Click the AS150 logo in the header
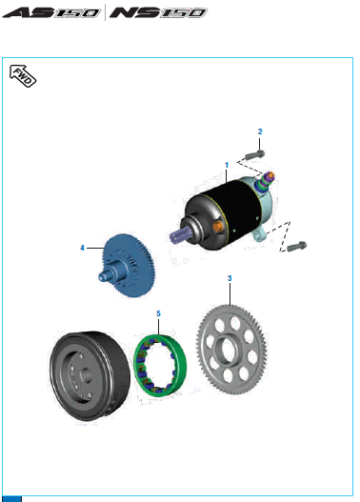(51, 12)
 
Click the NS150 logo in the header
(158, 12)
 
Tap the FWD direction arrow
(23, 76)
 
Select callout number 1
(227, 165)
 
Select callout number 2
(260, 131)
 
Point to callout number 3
(230, 278)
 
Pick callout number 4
(82, 248)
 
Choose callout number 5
(158, 313)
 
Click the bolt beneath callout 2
(254, 155)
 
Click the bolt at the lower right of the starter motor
(296, 246)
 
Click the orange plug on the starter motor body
(217, 227)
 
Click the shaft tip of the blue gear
(103, 276)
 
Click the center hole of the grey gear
(228, 349)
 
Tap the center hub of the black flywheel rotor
(86, 374)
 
